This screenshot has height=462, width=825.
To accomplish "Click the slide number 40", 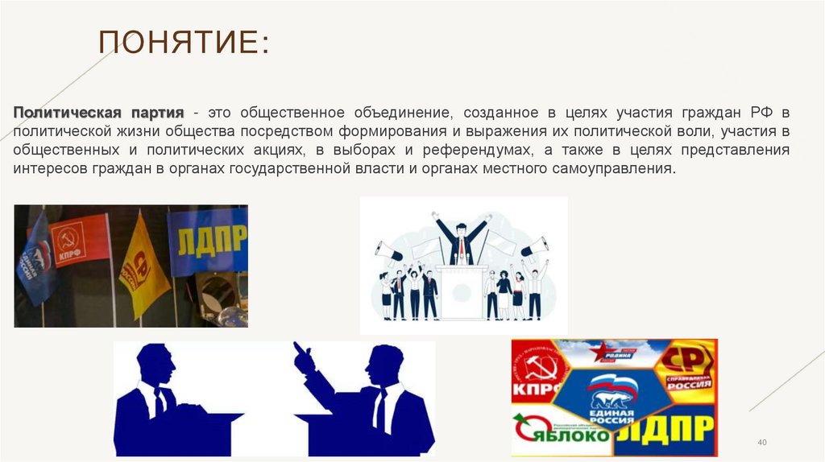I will pyautogui.click(x=761, y=443).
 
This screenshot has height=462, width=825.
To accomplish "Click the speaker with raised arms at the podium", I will pyautogui.click(x=462, y=237).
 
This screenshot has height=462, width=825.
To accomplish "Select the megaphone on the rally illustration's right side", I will pyautogui.click(x=533, y=245).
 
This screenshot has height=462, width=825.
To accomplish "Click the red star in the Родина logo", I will pyautogui.click(x=599, y=351).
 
